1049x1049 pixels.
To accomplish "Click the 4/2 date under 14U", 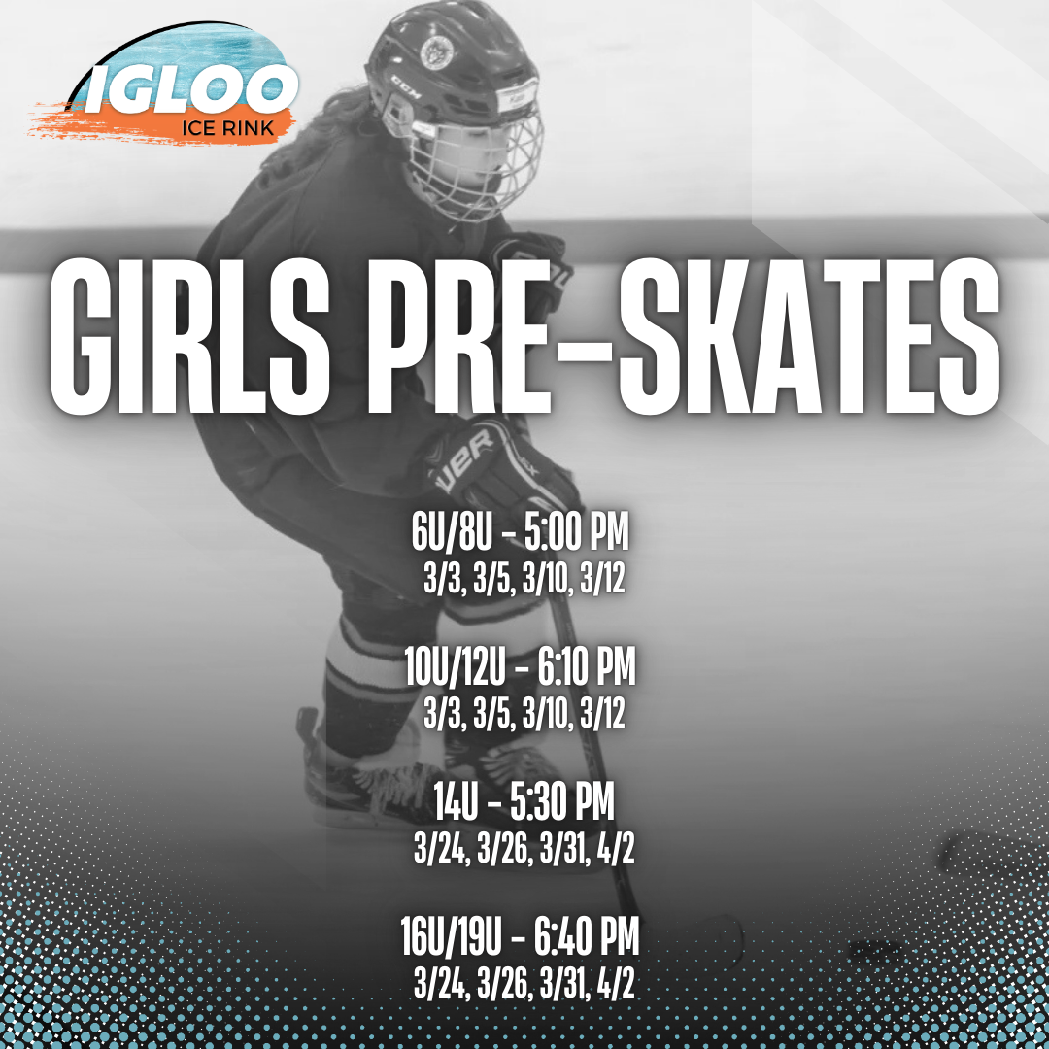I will (616, 852).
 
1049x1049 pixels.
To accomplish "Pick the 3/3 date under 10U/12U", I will (439, 716).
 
